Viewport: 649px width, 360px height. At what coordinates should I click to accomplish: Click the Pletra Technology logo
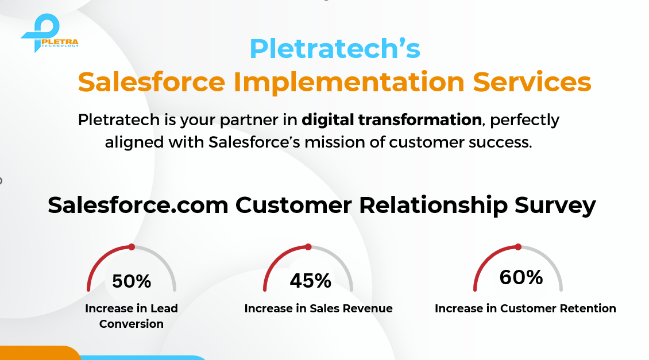pyautogui.click(x=49, y=33)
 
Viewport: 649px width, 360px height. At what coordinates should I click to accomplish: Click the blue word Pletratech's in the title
pyautogui.click(x=335, y=49)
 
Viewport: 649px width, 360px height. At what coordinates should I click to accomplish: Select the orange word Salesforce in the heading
pyautogui.click(x=152, y=82)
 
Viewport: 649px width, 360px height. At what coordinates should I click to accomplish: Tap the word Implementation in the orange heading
pyautogui.click(x=349, y=82)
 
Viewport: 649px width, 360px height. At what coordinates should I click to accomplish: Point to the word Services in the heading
pyautogui.click(x=532, y=82)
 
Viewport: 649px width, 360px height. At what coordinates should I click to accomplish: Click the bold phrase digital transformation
pyautogui.click(x=392, y=119)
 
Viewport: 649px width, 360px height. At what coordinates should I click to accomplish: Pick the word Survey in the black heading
pyautogui.click(x=555, y=206)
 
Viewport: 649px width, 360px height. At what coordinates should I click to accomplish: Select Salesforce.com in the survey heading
pyautogui.click(x=138, y=205)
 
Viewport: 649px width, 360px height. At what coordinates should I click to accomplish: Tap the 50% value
pyautogui.click(x=132, y=281)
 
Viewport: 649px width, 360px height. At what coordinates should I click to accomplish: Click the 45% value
pyautogui.click(x=310, y=281)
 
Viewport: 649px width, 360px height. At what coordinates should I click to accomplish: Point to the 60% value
pyautogui.click(x=521, y=277)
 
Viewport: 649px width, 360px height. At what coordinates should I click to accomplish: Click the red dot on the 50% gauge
pyautogui.click(x=132, y=247)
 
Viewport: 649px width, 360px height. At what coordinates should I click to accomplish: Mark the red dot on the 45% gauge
pyautogui.click(x=308, y=247)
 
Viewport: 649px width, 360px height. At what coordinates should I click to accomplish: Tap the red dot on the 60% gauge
pyautogui.click(x=518, y=247)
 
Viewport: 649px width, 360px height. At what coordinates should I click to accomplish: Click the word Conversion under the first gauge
pyautogui.click(x=131, y=324)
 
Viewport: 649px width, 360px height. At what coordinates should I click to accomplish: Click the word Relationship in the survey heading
pyautogui.click(x=433, y=206)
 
